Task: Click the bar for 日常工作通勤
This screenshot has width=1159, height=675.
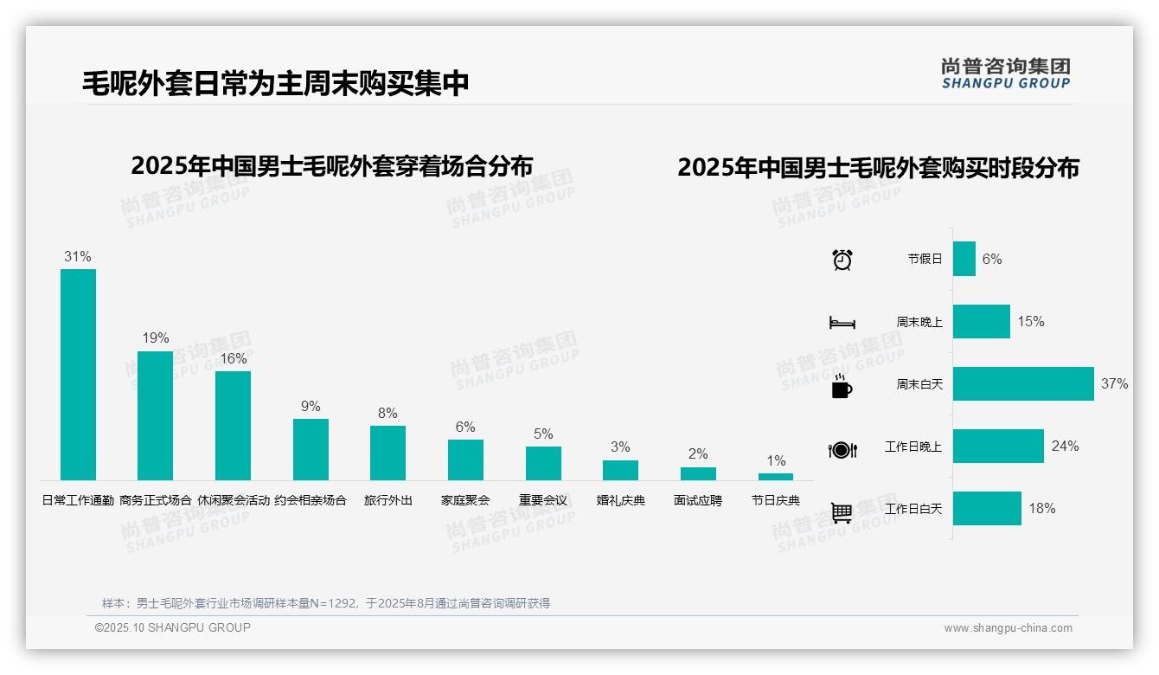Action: [x=78, y=374]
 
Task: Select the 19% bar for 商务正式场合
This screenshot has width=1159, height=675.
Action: [x=155, y=415]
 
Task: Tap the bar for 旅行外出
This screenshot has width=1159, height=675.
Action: [x=387, y=453]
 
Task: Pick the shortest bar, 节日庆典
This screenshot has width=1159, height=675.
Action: [x=775, y=477]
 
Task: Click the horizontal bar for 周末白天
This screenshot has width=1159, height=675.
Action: [x=1023, y=383]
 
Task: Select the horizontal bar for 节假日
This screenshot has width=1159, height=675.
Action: [x=964, y=259]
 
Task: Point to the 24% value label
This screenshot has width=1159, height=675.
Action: [x=1065, y=446]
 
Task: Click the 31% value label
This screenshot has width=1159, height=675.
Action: [x=78, y=257]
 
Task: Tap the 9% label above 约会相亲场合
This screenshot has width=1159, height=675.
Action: [x=311, y=407]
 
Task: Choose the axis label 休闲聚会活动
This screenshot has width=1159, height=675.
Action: [x=234, y=500]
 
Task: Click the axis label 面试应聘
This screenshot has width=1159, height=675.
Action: [x=698, y=500]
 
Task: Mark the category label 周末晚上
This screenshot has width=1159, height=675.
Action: [x=919, y=321]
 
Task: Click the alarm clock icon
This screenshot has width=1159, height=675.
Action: [x=842, y=260]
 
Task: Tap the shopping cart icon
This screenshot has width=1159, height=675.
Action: [x=842, y=512]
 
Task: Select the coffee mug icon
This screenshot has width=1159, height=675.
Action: [x=842, y=387]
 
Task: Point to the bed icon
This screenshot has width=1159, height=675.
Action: [x=842, y=323]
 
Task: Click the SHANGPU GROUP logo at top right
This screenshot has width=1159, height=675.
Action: [x=1005, y=73]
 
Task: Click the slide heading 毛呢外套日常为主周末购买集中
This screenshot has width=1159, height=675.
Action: [x=276, y=84]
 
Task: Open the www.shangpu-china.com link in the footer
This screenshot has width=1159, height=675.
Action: [x=1008, y=628]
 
